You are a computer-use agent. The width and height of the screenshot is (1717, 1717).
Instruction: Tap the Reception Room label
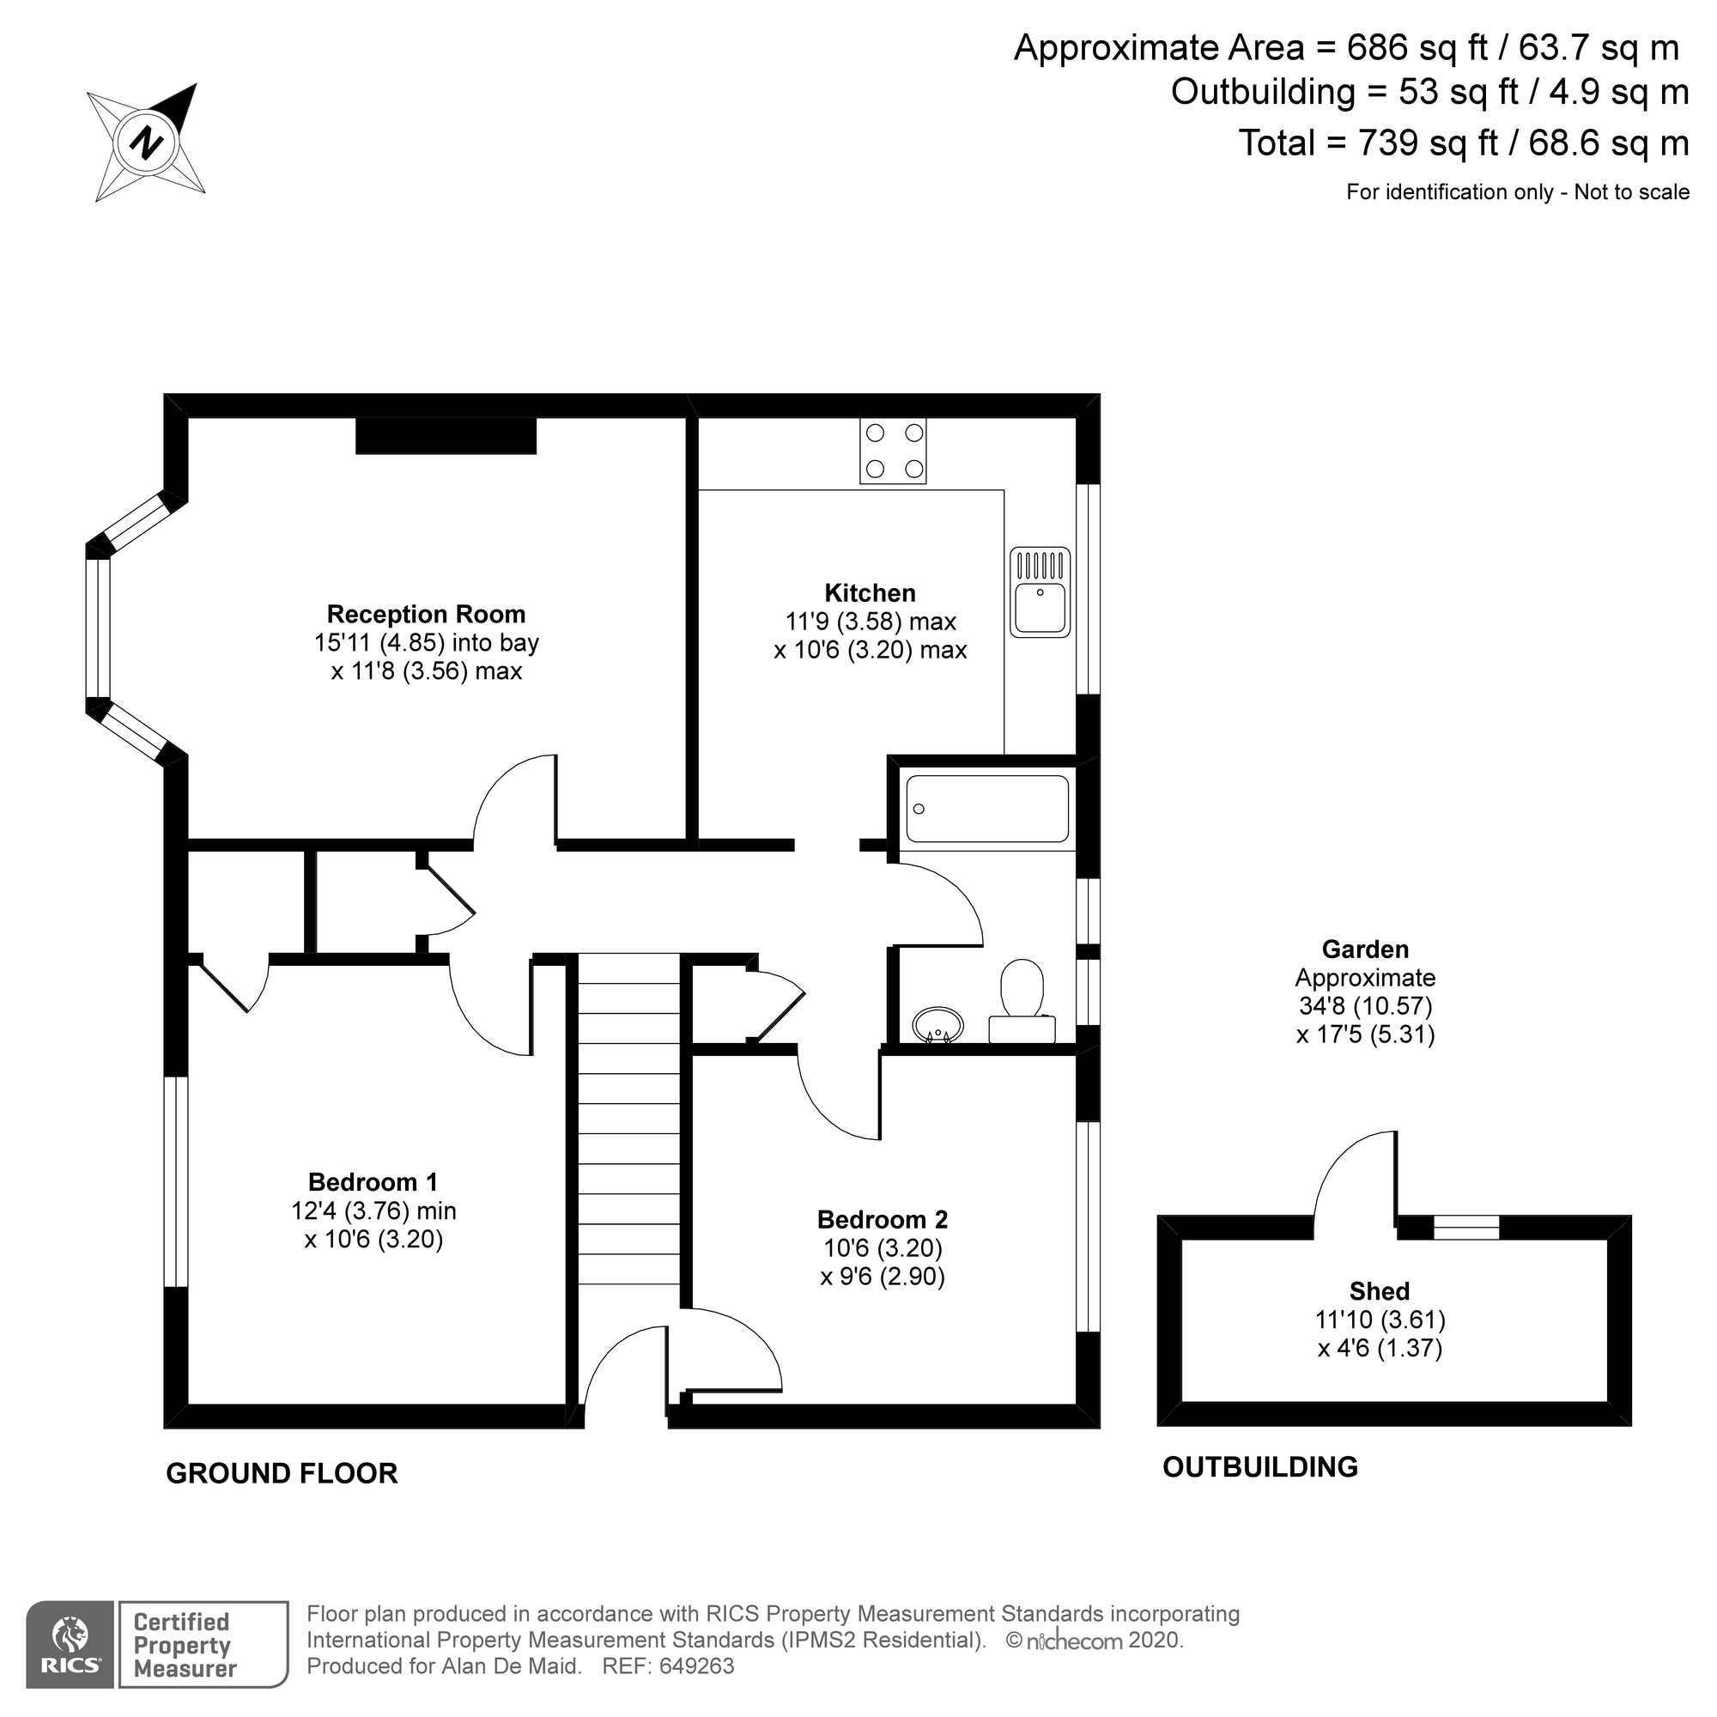click(426, 615)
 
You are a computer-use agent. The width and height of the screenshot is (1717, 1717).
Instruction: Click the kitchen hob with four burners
click(892, 451)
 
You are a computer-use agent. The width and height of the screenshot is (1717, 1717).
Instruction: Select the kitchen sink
click(1040, 592)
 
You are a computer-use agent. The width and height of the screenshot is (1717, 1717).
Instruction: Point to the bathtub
click(986, 808)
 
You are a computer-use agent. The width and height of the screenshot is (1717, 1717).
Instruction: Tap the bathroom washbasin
click(938, 1024)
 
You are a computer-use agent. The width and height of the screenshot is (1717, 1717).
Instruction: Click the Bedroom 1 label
click(373, 1182)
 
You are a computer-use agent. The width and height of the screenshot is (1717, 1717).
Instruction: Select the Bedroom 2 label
click(882, 1219)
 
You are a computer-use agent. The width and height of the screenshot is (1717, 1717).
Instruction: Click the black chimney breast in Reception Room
click(446, 436)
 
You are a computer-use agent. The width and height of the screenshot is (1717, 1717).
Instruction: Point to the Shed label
click(1379, 1290)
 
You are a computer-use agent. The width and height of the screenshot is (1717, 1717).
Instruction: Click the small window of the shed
click(1465, 1229)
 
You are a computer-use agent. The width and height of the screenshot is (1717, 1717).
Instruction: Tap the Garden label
click(1365, 950)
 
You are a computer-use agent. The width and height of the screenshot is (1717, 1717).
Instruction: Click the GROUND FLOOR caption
click(282, 1472)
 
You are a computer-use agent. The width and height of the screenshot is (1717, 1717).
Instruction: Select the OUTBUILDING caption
click(1259, 1466)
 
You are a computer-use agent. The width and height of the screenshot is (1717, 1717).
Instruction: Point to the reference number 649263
click(696, 1666)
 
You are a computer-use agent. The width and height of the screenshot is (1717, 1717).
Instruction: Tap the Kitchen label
click(869, 592)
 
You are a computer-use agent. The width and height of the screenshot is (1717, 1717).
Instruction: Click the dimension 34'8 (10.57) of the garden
click(1364, 1006)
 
